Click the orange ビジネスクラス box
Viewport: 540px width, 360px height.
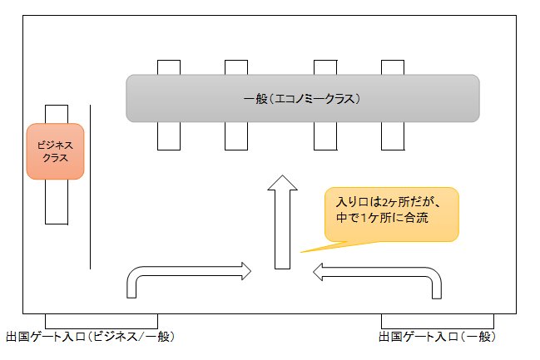click(56, 150)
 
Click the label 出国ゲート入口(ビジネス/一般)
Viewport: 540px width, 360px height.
click(90, 337)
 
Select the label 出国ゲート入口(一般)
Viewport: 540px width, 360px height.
click(437, 337)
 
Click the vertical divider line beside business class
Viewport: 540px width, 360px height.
click(90, 186)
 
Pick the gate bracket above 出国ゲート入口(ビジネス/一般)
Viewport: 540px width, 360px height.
click(101, 321)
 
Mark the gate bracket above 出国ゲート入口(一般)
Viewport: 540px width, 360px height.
click(438, 321)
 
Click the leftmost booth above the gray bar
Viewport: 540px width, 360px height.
click(169, 67)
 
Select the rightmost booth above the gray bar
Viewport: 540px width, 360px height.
click(392, 67)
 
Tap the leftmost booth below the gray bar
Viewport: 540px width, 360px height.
click(169, 135)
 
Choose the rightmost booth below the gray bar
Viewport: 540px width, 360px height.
click(392, 135)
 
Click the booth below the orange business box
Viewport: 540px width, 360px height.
click(56, 201)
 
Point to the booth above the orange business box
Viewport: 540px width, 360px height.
click(56, 114)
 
